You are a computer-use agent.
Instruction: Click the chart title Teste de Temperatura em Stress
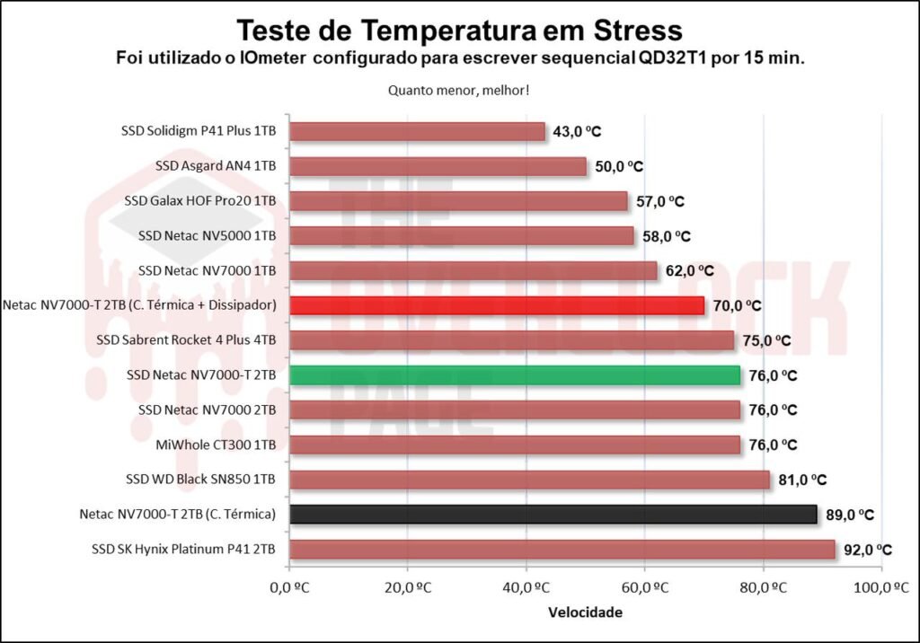459,31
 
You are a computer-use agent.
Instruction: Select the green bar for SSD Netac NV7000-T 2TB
514,374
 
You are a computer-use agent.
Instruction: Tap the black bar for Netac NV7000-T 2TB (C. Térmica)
553,514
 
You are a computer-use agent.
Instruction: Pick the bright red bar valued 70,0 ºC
496,305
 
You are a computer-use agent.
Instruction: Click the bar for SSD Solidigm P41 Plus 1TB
417,131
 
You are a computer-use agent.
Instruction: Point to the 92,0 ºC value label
868,550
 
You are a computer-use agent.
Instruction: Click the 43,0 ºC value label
577,132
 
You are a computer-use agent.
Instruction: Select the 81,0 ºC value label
802,480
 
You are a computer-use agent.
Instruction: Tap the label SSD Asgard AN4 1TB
216,166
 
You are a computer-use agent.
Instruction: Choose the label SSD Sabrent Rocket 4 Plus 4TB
186,340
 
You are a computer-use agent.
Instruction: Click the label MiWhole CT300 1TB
217,445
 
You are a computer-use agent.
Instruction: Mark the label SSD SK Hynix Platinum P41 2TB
183,549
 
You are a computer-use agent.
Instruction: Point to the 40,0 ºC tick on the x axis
526,587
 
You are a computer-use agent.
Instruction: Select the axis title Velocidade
585,613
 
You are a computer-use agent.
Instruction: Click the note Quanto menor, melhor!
459,90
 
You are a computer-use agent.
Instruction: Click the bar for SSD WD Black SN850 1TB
528,480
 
